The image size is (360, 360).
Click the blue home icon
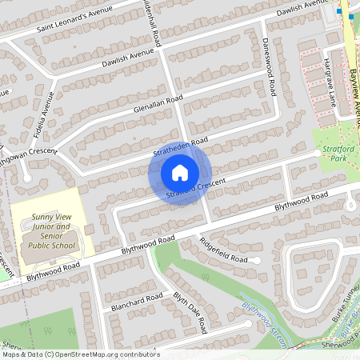click(180, 172)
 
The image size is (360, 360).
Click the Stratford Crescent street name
click(196, 189)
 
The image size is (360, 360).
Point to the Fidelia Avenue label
click(47, 113)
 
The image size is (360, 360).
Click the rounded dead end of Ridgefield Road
click(258, 261)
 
